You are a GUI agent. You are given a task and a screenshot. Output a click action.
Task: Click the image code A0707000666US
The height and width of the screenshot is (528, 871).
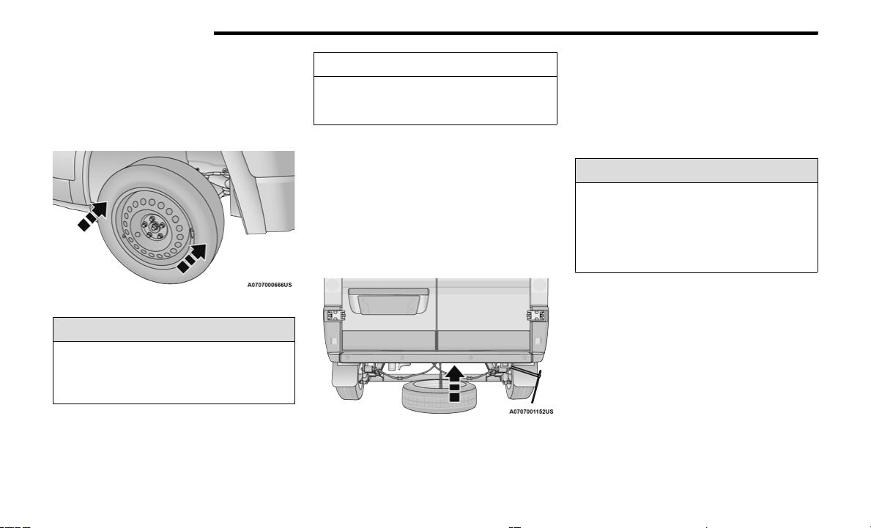click(x=270, y=285)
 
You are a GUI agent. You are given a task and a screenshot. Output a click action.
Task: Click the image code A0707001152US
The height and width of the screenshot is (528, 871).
click(x=532, y=412)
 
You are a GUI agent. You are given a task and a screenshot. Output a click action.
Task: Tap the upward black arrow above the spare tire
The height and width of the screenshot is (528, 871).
click(x=454, y=382)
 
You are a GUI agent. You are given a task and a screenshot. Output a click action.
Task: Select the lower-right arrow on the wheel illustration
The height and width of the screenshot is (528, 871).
click(x=191, y=259)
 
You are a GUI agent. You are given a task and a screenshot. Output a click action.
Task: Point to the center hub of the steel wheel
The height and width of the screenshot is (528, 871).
click(x=152, y=227)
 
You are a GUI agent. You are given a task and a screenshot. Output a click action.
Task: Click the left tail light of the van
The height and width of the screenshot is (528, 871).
click(x=334, y=316)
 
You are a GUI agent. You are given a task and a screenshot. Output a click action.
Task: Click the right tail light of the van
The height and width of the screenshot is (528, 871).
click(x=537, y=316)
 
